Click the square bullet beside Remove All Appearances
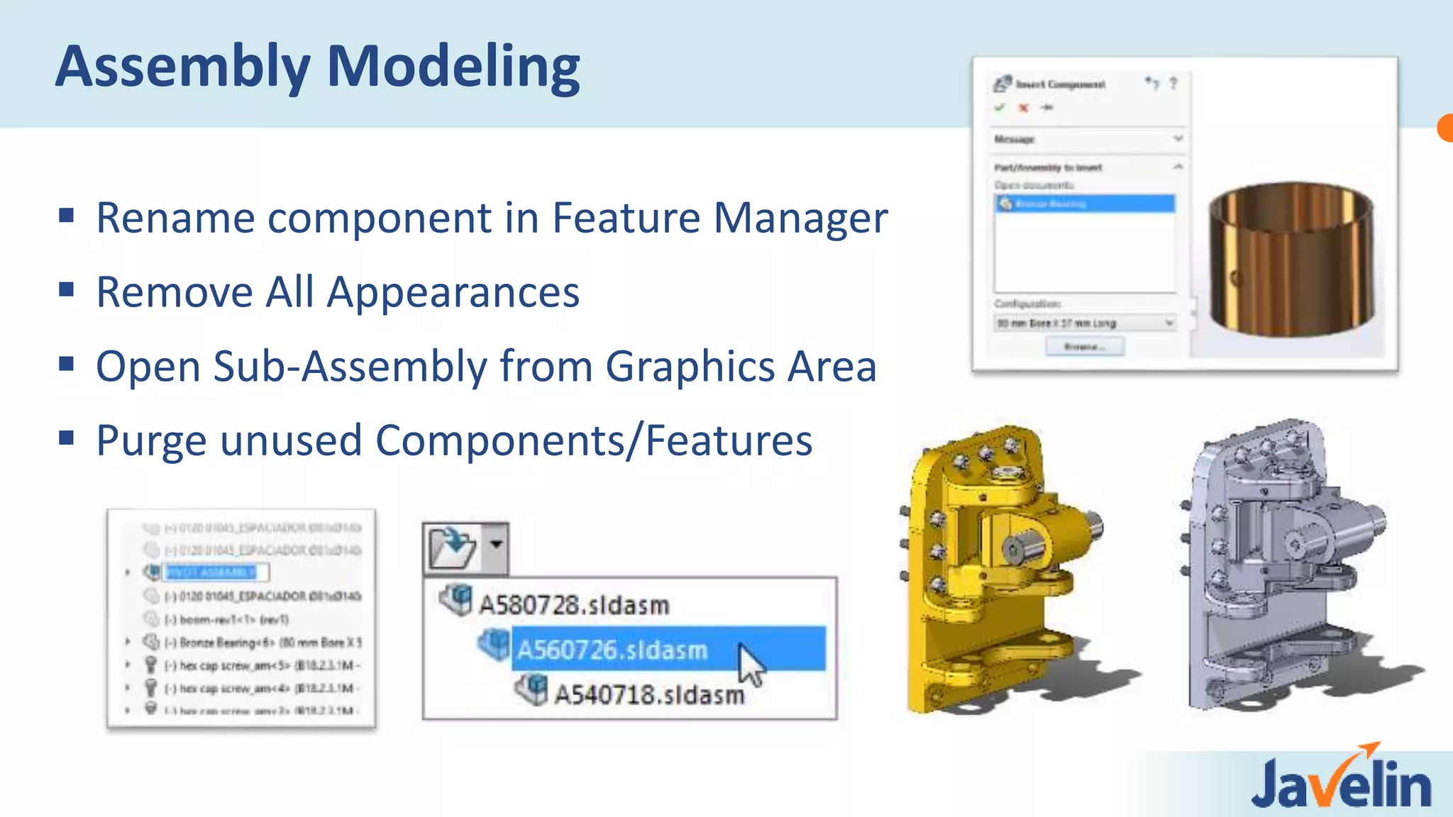click(67, 289)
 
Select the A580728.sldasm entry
click(573, 605)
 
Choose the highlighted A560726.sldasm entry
click(612, 650)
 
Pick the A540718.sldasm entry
click(648, 694)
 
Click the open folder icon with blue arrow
click(452, 548)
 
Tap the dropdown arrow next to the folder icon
click(496, 545)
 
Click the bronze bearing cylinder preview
click(1291, 259)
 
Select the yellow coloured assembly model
click(1000, 567)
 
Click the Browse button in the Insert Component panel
click(1084, 347)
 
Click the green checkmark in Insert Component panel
click(1000, 108)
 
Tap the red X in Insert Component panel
click(1023, 108)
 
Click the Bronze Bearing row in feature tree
click(263, 643)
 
